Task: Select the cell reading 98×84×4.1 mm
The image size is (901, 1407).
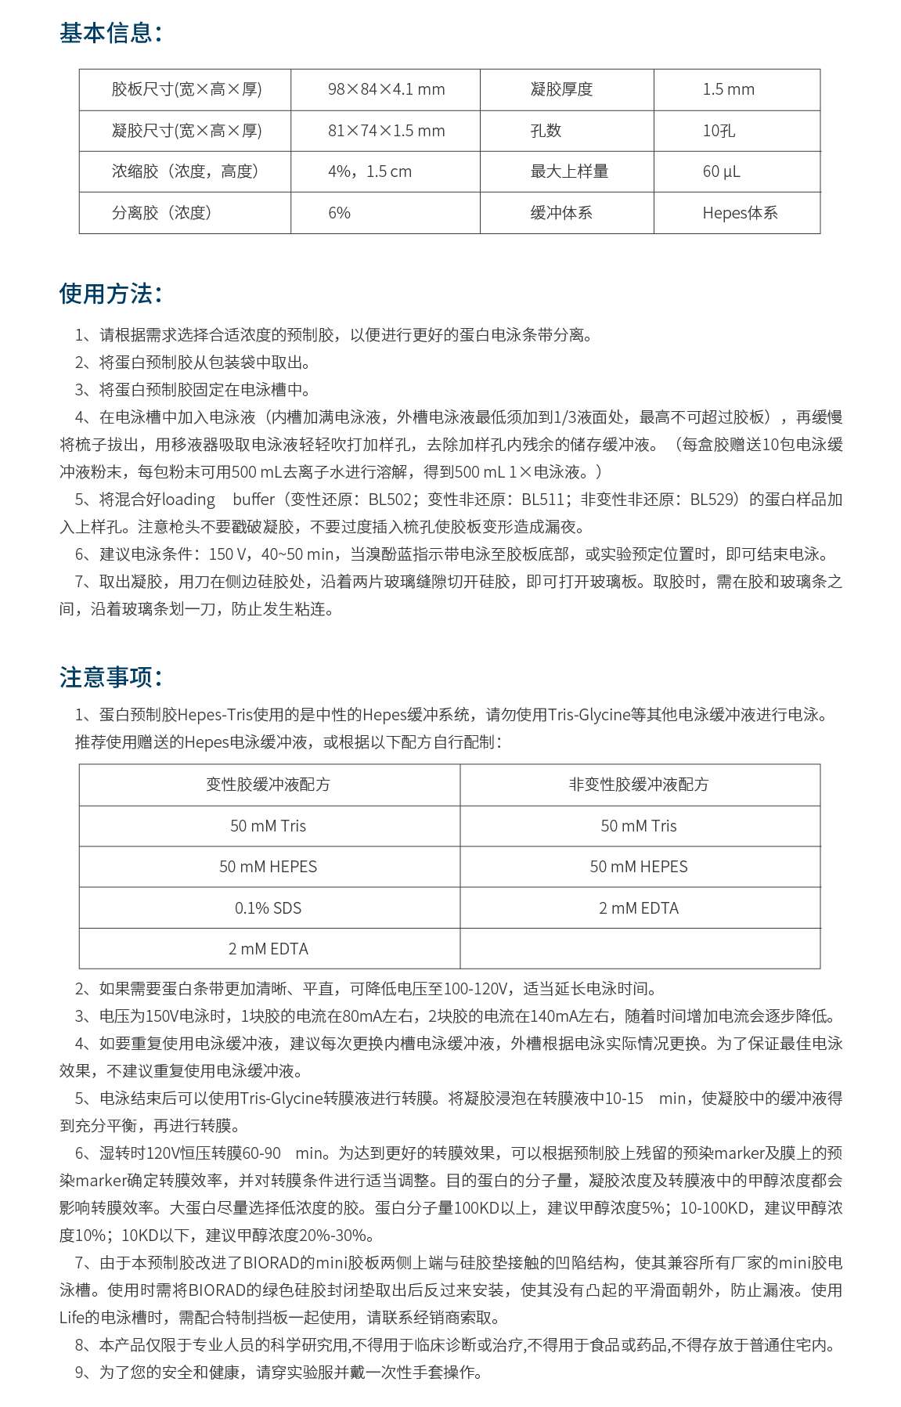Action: click(386, 89)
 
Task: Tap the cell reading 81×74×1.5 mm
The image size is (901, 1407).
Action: click(386, 131)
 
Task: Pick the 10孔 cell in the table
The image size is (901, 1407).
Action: click(719, 131)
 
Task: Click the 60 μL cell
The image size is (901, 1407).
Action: click(721, 171)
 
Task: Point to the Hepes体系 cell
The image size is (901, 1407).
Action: click(740, 213)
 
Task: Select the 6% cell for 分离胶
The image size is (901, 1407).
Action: click(340, 213)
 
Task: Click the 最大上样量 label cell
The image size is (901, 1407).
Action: click(569, 171)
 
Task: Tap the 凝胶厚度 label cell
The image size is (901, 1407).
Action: click(561, 89)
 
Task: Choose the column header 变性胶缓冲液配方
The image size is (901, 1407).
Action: click(268, 785)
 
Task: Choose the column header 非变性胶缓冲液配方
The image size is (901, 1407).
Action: click(639, 785)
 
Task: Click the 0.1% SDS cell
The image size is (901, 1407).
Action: click(268, 908)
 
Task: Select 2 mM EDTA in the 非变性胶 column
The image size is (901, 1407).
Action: click(639, 908)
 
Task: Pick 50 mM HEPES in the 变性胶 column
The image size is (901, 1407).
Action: click(268, 867)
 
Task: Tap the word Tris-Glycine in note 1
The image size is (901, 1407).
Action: click(589, 715)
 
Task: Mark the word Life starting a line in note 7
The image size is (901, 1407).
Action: click(73, 1318)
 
